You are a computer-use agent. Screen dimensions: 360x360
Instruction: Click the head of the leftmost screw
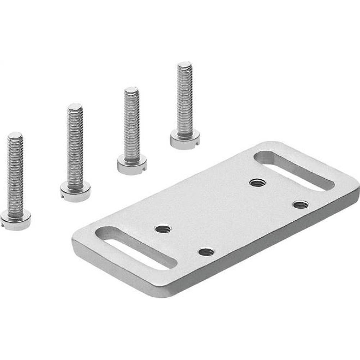pos(15,218)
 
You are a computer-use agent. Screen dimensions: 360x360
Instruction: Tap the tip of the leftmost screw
pos(15,136)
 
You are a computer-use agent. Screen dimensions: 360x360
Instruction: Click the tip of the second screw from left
pos(75,107)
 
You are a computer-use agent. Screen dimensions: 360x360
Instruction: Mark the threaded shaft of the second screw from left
pos(75,148)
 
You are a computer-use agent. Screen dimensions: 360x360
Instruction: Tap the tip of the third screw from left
pos(131,91)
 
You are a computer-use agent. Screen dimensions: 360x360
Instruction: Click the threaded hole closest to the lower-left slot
pos(163,228)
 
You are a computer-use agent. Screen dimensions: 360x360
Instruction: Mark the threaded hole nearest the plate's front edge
pos(206,252)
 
